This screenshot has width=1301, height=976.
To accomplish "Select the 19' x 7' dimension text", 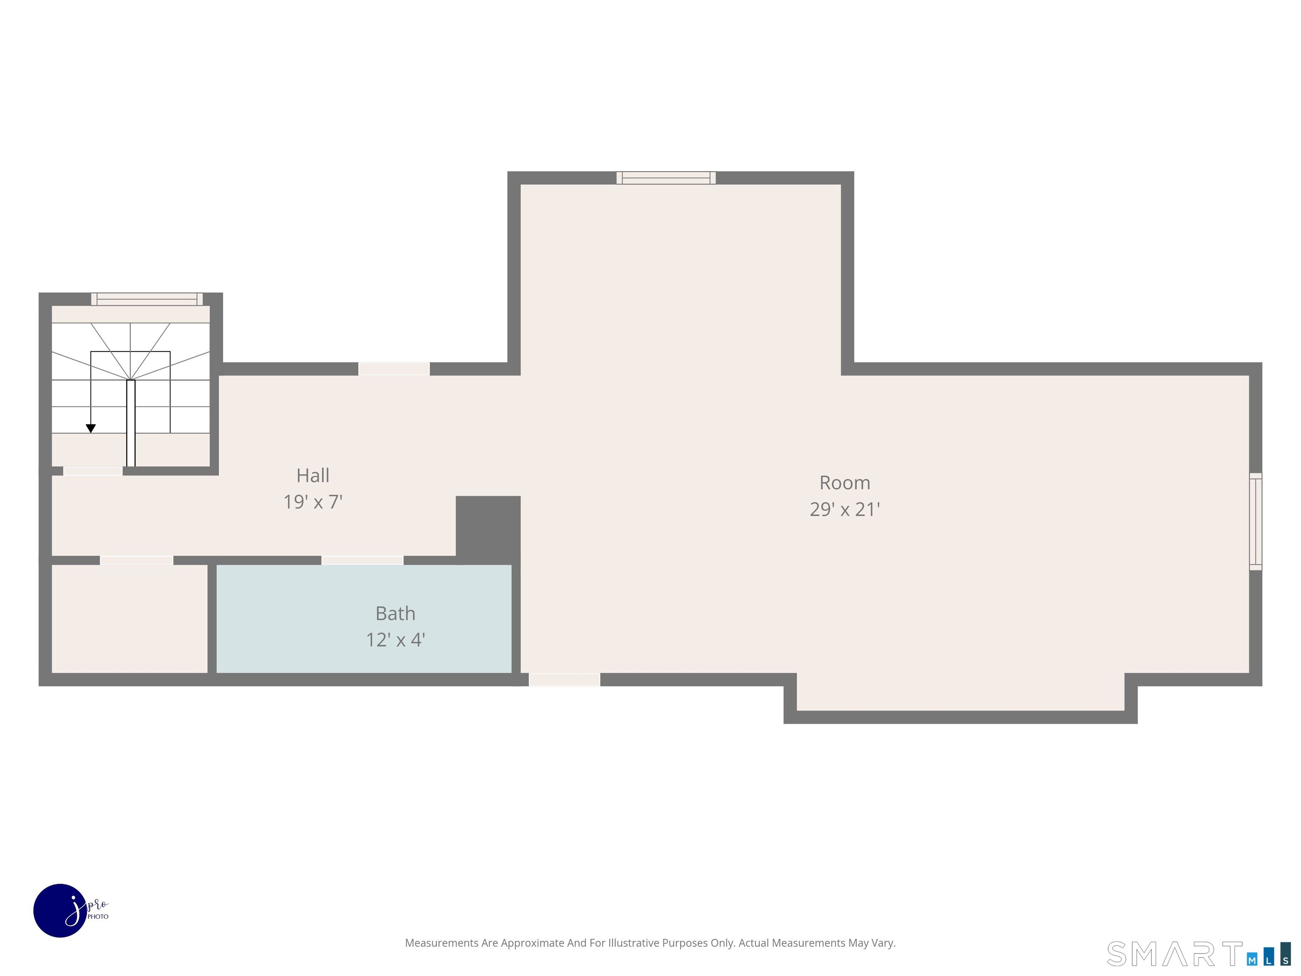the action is [313, 502].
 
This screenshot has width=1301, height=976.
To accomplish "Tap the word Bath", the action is [395, 614].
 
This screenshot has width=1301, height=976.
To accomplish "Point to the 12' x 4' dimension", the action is [395, 640].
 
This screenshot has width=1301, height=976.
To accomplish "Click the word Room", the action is [844, 483].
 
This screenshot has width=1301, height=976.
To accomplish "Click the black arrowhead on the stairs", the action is [91, 429].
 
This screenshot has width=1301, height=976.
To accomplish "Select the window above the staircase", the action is [147, 299].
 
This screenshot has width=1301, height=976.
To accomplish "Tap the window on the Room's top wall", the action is [666, 177].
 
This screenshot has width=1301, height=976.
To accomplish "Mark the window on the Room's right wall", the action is [1256, 521].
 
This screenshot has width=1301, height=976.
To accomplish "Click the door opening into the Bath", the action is [362, 560].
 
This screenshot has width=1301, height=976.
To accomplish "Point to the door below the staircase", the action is [93, 471].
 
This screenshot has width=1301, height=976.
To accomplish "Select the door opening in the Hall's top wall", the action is [394, 369].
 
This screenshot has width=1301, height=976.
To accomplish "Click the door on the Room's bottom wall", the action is [565, 679].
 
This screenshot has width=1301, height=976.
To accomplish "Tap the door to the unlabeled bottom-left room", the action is [136, 560].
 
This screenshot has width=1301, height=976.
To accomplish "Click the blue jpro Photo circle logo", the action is [61, 911].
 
